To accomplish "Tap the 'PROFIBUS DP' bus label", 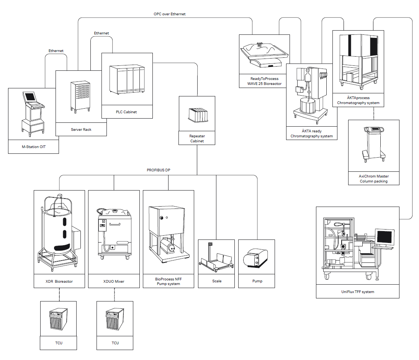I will point(158,170).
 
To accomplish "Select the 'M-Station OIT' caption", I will point(33,147).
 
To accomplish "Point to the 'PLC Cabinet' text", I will point(127,112).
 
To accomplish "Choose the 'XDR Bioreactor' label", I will point(59,281).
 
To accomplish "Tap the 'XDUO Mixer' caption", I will point(114,281).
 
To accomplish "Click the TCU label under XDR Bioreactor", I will point(58,343).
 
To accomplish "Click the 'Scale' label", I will point(216,281).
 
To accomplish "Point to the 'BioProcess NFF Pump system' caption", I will point(168,282).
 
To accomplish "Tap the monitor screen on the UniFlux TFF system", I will point(384,237).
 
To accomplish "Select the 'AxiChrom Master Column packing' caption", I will point(373,179).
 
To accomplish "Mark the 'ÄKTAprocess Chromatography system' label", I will point(358,100).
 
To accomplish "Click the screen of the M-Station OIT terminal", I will point(29,96).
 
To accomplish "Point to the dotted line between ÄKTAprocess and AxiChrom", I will point(373,113).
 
